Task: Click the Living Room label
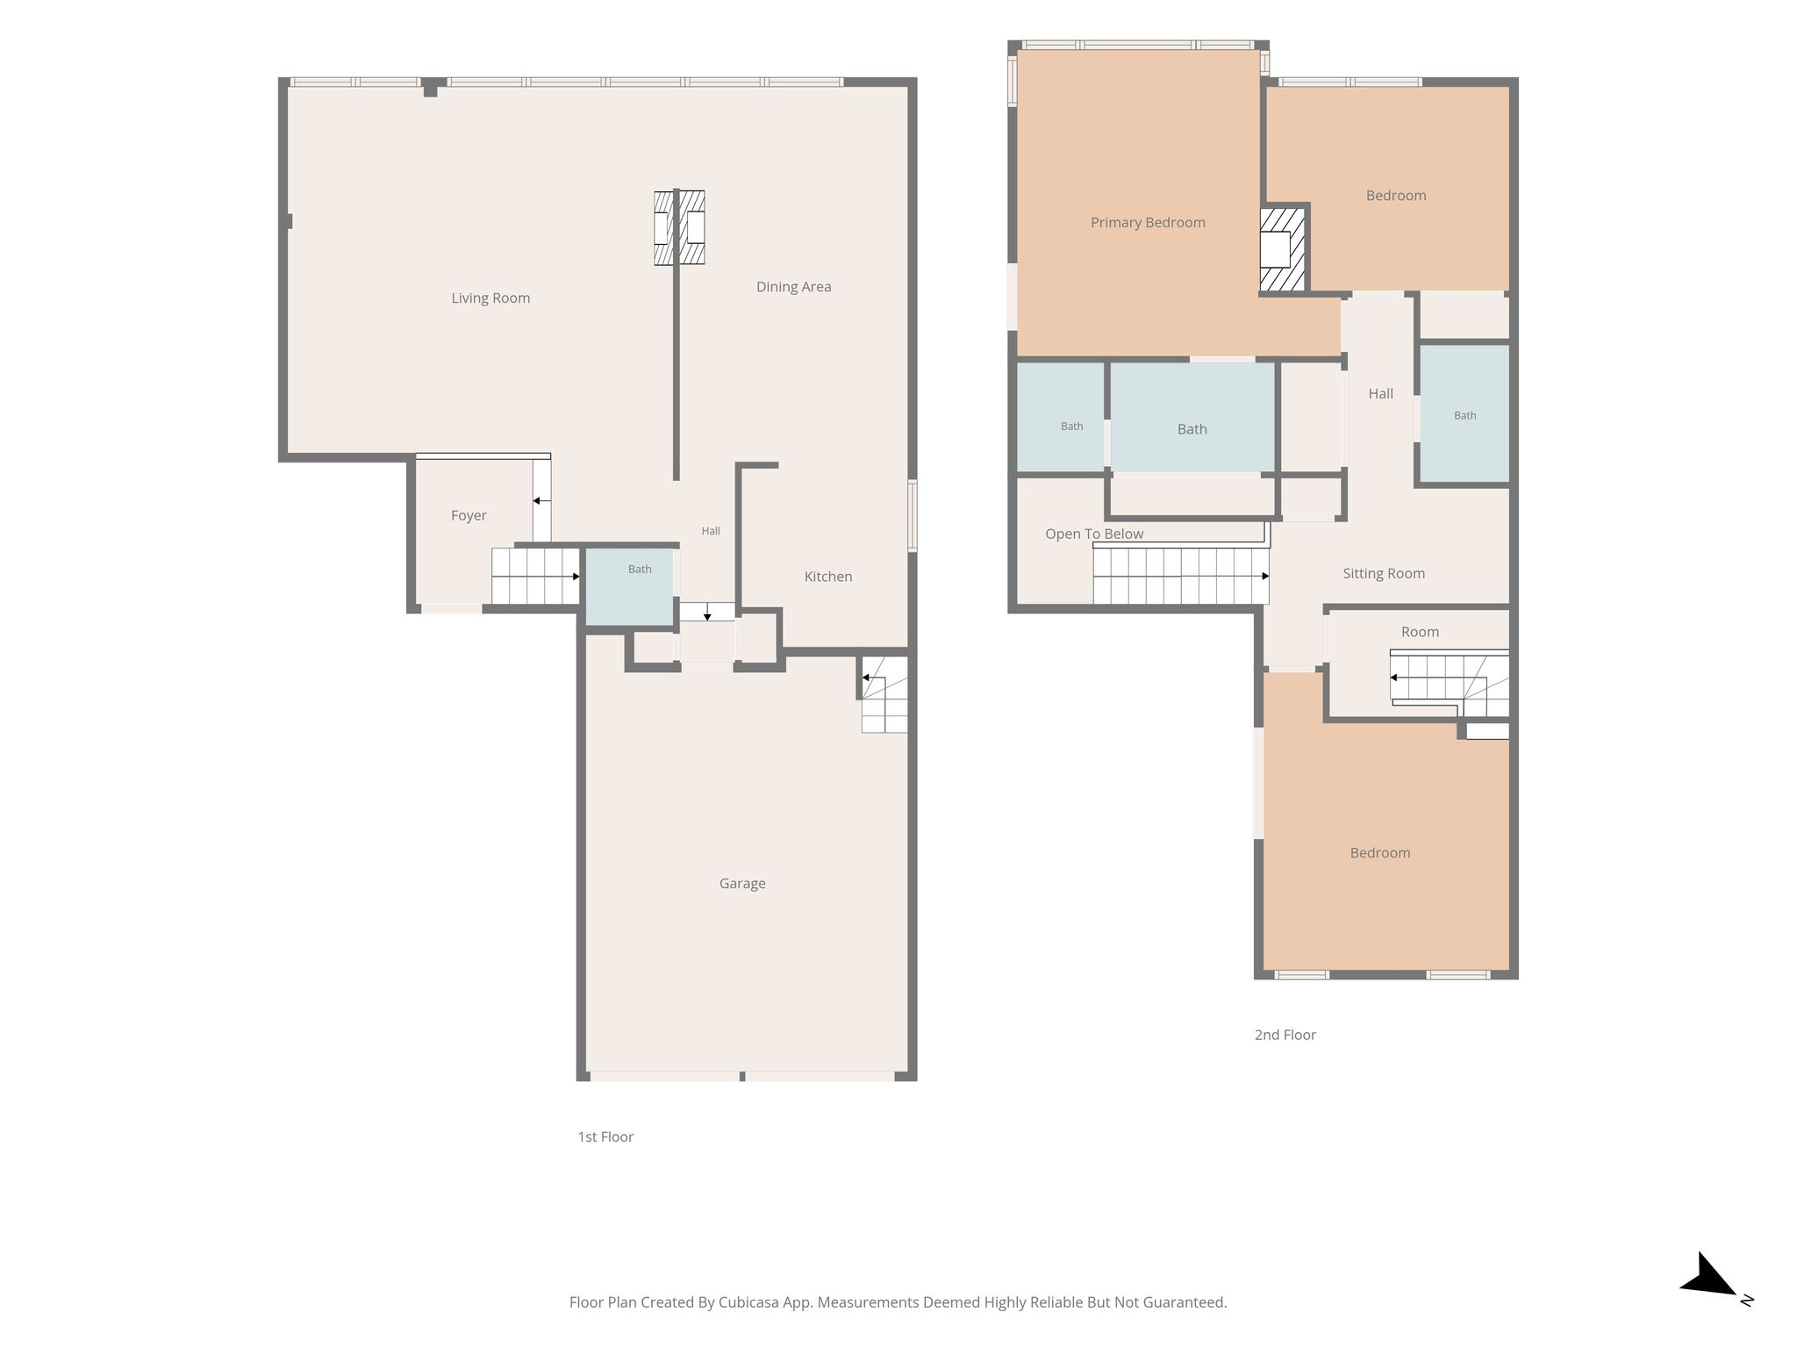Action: [x=490, y=298]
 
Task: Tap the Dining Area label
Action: [x=793, y=287]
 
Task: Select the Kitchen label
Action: [x=828, y=577]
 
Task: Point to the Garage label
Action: [x=742, y=884]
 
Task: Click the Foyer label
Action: [x=469, y=516]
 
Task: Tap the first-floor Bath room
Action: [x=629, y=586]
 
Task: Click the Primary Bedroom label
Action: [x=1148, y=223]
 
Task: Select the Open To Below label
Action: [x=1094, y=534]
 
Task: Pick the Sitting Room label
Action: [x=1384, y=574]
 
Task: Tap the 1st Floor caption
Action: [x=605, y=1136]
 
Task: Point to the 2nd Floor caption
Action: [x=1285, y=1035]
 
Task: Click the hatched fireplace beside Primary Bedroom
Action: [x=1283, y=249]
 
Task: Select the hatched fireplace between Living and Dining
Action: [x=679, y=227]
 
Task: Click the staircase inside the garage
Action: [x=884, y=694]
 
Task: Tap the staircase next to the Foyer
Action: [x=535, y=577]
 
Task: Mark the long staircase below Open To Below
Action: [x=1181, y=576]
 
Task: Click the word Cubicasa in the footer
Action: [x=750, y=1302]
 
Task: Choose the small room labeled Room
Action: [x=1417, y=664]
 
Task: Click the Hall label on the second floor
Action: [x=1381, y=394]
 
